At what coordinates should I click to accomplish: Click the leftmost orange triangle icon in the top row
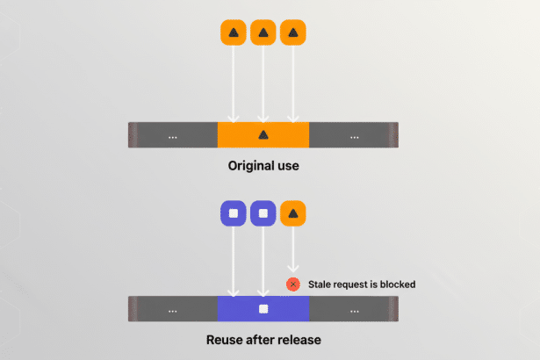233,33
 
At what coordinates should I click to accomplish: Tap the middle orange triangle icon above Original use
263,33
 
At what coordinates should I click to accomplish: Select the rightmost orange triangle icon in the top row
292,33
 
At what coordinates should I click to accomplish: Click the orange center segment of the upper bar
263,134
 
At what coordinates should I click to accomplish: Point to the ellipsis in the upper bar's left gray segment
172,136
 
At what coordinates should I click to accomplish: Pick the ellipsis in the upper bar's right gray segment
354,136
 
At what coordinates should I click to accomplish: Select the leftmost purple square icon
233,213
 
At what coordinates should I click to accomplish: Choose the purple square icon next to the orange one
263,213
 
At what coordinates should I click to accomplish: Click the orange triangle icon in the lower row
292,213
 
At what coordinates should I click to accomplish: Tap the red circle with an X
292,284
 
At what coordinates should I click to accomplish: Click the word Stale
320,284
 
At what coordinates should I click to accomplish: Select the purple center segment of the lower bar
263,309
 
